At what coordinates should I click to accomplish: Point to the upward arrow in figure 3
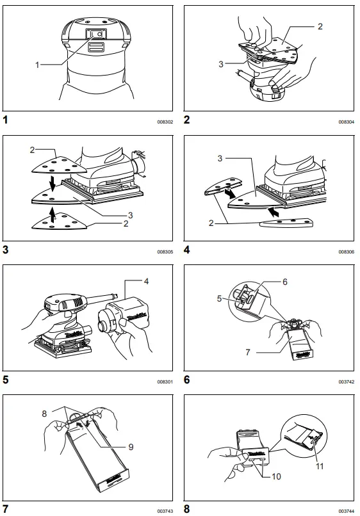coord(51,219)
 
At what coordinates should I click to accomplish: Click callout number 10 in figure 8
coord(277,477)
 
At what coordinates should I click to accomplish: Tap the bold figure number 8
coord(186,509)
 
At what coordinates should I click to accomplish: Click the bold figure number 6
coord(186,379)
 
